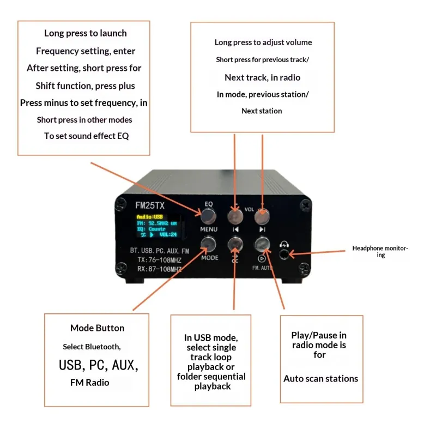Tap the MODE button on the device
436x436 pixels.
(x=209, y=244)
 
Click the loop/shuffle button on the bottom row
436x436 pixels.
(x=235, y=243)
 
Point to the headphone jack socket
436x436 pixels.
(x=283, y=253)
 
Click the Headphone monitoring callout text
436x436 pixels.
(x=380, y=251)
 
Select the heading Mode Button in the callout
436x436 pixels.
(x=97, y=328)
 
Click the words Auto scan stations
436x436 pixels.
(x=320, y=379)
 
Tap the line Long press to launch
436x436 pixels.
(x=86, y=33)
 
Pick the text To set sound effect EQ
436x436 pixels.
(x=86, y=136)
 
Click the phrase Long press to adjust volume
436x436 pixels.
(x=263, y=43)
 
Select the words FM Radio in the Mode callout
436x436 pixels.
(x=89, y=383)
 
